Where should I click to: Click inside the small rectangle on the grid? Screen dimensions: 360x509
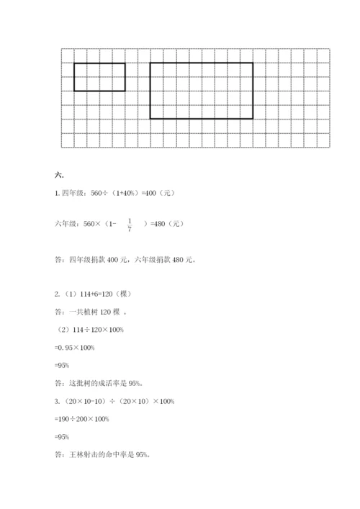[x=99, y=77]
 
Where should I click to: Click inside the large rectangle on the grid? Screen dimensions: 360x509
[x=201, y=90]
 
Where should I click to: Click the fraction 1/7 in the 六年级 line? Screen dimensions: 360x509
[x=130, y=225]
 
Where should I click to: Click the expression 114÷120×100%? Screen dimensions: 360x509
[x=104, y=330]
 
